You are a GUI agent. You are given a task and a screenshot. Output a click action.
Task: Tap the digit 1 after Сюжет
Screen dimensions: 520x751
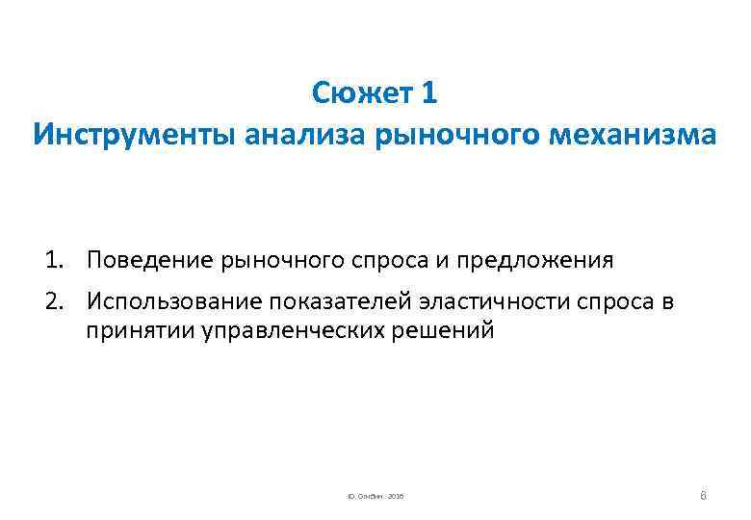[x=429, y=93]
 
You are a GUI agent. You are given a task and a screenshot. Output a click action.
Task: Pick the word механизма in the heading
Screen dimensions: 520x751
[x=634, y=134]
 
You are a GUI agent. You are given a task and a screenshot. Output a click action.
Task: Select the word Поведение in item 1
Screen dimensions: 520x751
[x=150, y=260]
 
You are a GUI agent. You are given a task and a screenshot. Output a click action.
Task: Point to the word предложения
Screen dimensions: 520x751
[x=534, y=260]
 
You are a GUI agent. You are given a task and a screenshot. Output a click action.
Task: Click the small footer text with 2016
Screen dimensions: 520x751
[x=375, y=496]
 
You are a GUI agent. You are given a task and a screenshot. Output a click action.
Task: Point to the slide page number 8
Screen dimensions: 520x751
[x=704, y=494]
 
